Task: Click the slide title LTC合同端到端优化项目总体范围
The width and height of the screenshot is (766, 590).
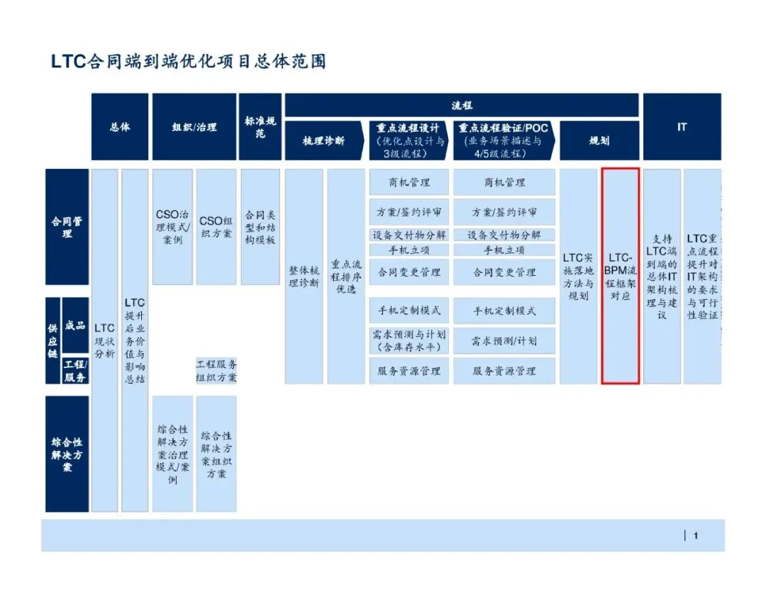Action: pyautogui.click(x=188, y=61)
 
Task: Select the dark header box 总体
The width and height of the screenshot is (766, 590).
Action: pyautogui.click(x=120, y=127)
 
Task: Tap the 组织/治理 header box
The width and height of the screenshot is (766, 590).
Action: pyautogui.click(x=194, y=127)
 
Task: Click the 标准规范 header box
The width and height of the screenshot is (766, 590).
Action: pyautogui.click(x=260, y=127)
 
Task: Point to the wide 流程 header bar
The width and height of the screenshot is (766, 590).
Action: pyautogui.click(x=462, y=105)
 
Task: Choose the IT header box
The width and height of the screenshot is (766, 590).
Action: pyautogui.click(x=682, y=127)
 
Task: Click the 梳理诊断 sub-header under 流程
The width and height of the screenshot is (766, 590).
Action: pyautogui.click(x=324, y=140)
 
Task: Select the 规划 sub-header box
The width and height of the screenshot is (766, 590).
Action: pyautogui.click(x=599, y=140)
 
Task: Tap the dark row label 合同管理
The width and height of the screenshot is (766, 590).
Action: pyautogui.click(x=67, y=227)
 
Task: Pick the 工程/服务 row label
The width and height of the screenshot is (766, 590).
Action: pyautogui.click(x=75, y=370)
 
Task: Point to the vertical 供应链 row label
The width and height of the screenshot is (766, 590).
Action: pyautogui.click(x=52, y=340)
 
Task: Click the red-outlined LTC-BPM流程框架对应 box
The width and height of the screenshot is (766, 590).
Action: pyautogui.click(x=621, y=276)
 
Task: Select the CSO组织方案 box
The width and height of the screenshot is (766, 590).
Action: pyautogui.click(x=216, y=227)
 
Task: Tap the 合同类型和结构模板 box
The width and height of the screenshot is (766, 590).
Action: pyautogui.click(x=260, y=227)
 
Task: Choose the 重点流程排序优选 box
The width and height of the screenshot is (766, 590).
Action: pyautogui.click(x=345, y=276)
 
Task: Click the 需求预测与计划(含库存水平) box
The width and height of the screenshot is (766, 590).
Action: pyautogui.click(x=409, y=340)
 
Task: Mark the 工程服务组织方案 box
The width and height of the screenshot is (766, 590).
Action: pyautogui.click(x=216, y=370)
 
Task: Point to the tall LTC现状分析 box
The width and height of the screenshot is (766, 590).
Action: pyautogui.click(x=105, y=340)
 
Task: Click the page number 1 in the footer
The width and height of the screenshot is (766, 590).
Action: pyautogui.click(x=696, y=536)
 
